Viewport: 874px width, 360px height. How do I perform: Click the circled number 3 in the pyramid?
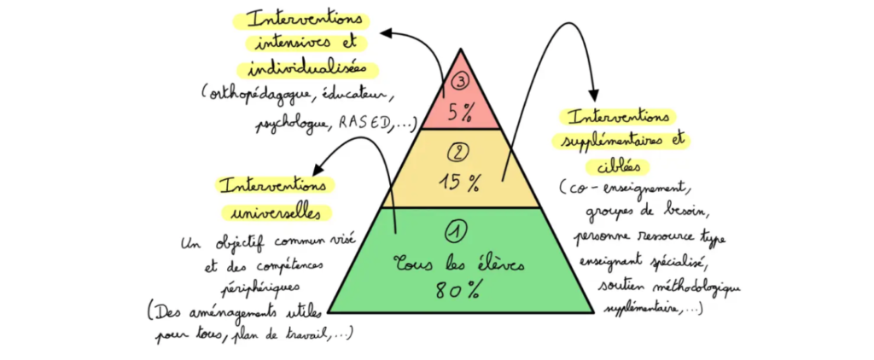click(459, 83)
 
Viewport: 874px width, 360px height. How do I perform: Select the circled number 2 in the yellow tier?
click(459, 154)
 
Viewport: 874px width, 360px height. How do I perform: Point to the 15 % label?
click(460, 182)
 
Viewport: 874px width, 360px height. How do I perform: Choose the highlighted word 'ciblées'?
click(619, 165)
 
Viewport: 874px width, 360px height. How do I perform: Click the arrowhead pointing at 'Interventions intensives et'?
click(385, 33)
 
